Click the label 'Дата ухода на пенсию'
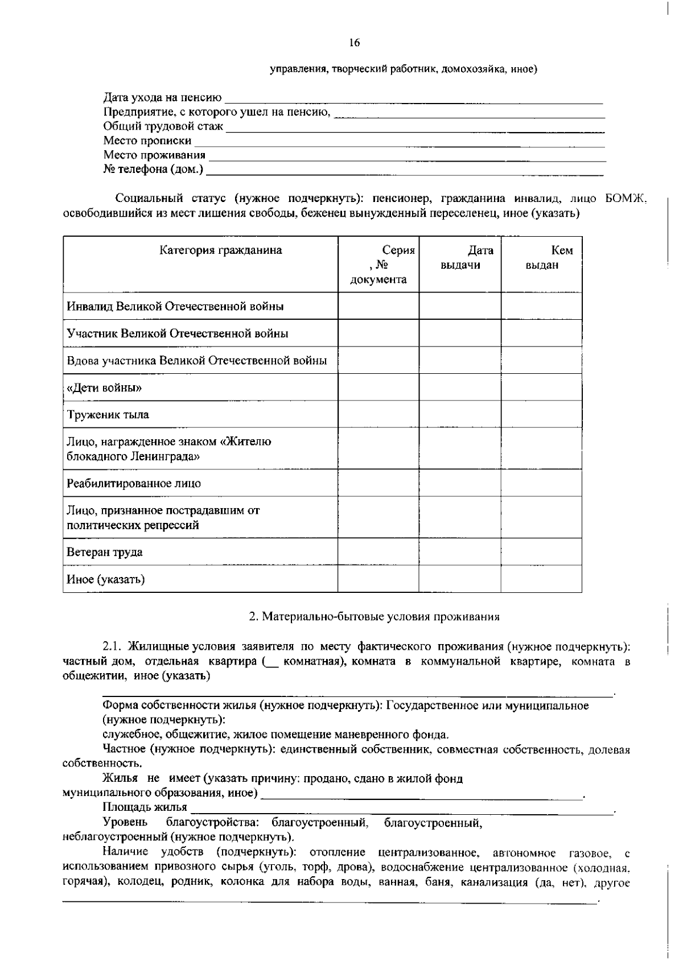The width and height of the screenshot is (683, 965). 162,98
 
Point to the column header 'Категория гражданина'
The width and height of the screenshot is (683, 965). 220,250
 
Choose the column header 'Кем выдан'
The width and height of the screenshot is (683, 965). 542,258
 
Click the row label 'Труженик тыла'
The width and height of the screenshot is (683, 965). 108,415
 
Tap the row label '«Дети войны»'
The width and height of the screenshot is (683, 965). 104,388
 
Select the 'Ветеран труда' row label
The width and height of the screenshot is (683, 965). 105,552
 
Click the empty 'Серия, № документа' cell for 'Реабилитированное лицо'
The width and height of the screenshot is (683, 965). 378,484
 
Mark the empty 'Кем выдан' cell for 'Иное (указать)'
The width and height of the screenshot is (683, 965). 541,579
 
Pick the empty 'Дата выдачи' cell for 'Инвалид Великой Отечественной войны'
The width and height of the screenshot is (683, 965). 460,306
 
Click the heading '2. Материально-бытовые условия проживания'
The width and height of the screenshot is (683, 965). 375,617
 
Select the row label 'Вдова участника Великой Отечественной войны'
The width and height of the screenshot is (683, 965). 197,361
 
